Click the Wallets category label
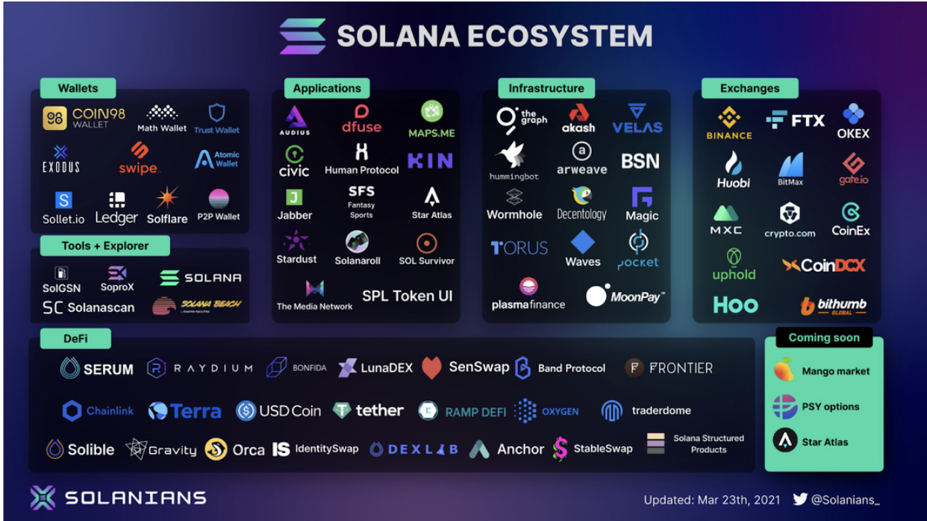point(78,88)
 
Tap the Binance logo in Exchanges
point(729,123)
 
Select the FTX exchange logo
point(795,119)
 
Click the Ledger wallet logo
point(116,208)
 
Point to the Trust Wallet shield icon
point(216,113)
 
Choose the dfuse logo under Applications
point(361,119)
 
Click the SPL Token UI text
point(408,296)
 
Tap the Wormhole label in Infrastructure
point(514,214)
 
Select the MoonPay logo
point(625,296)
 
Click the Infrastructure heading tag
point(546,88)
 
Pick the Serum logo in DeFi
point(97,369)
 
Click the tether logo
point(368,411)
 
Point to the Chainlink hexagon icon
point(72,411)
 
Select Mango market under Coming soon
point(824,371)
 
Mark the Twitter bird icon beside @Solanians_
point(800,499)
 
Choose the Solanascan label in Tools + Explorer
point(89,308)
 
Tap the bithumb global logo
point(834,305)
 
